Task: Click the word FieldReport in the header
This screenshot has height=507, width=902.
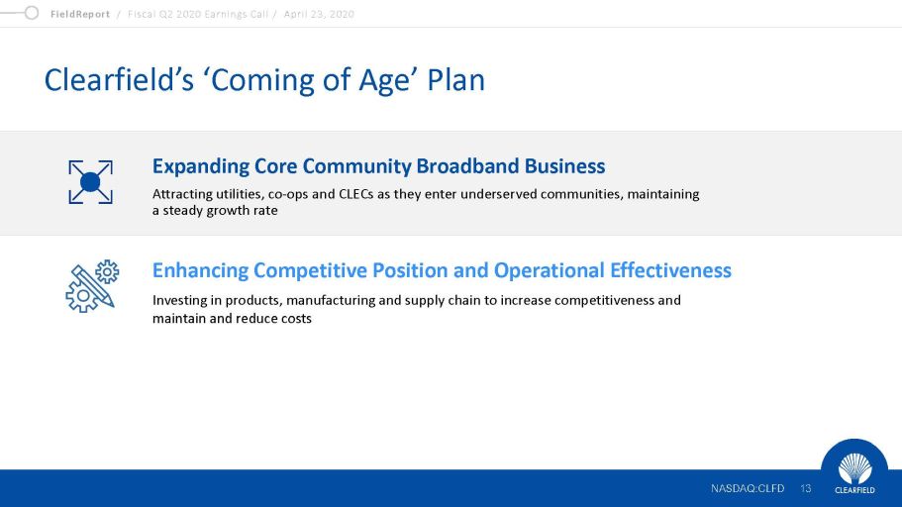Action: [80, 14]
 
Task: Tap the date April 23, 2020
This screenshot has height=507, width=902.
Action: [319, 14]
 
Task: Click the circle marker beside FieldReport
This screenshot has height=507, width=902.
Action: [32, 13]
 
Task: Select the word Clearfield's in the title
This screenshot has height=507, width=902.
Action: [119, 79]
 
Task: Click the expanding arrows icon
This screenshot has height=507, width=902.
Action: [90, 182]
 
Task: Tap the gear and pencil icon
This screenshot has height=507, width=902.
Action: [92, 286]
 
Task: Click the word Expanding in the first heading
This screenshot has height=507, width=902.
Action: [200, 166]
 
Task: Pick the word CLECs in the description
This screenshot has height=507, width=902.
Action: [356, 194]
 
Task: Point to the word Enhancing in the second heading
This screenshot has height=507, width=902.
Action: [200, 270]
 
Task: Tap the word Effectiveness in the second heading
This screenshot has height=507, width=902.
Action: [670, 270]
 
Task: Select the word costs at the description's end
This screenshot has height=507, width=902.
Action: [296, 319]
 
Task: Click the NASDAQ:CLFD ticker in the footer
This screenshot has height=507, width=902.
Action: [748, 488]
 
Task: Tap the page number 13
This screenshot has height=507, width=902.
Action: [805, 488]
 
